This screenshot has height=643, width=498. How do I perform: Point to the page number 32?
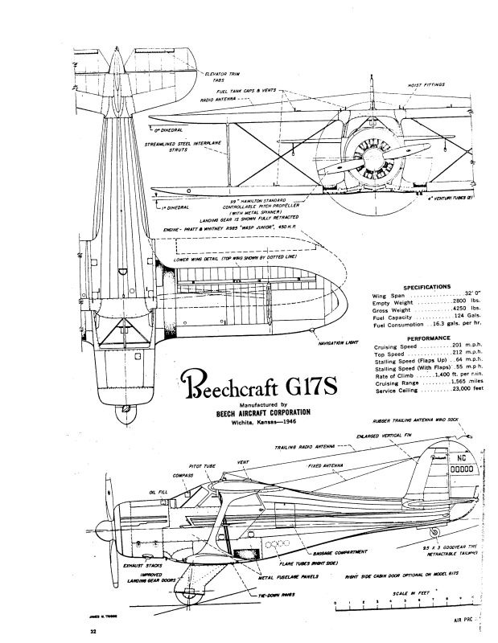93,633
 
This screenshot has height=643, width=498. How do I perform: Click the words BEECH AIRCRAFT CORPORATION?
257,412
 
